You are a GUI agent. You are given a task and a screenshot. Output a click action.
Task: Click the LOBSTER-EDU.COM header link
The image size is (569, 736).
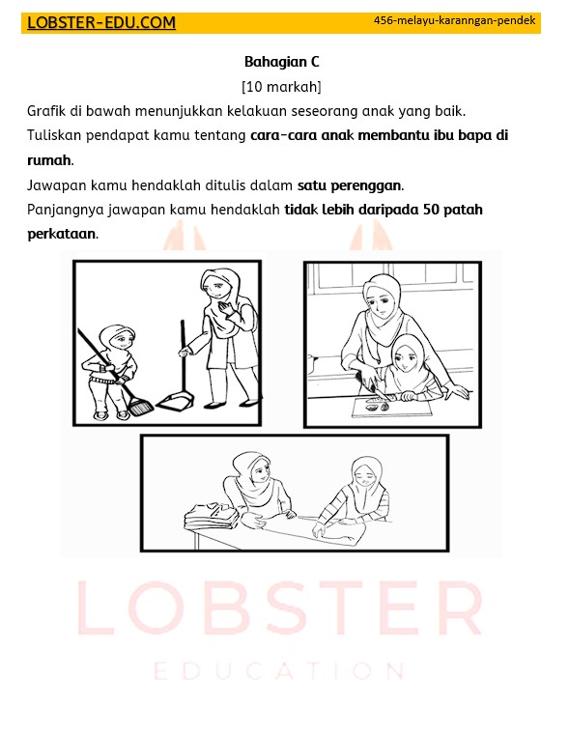(101, 23)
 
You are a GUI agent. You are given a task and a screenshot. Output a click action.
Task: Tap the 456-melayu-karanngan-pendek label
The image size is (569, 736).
(454, 19)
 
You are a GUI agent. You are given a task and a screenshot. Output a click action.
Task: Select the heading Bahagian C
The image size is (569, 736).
(281, 62)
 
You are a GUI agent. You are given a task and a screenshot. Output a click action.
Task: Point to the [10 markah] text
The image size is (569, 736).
(281, 87)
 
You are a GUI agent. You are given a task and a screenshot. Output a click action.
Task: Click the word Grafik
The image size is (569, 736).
(47, 112)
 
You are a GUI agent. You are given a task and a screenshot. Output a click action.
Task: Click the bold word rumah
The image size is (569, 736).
(48, 160)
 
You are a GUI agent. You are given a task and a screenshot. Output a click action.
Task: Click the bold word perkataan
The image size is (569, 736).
(61, 234)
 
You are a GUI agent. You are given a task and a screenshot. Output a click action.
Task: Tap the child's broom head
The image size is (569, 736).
(140, 407)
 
